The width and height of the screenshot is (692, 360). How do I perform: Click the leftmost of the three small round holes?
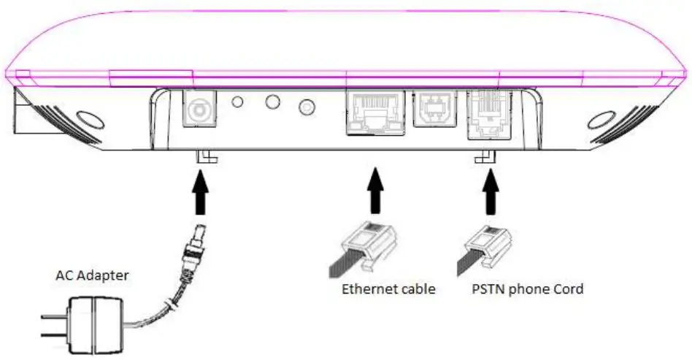(x=237, y=102)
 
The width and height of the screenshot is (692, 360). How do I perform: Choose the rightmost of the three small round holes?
(x=307, y=108)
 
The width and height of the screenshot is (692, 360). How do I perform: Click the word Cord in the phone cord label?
(x=568, y=289)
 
